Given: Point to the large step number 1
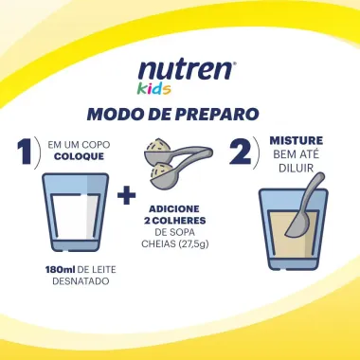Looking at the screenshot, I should point(27,153).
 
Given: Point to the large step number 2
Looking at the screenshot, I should point(242,153).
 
